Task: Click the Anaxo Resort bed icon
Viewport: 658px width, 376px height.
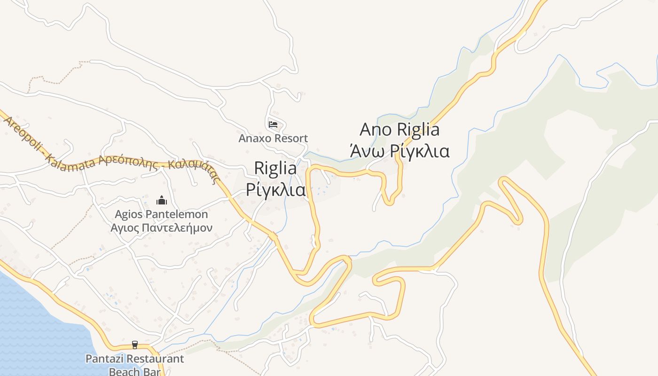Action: [x=273, y=125]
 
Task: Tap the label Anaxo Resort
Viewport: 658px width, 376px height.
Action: [x=273, y=138]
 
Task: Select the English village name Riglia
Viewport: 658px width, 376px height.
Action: [x=275, y=169]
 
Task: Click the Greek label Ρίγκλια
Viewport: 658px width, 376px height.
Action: [x=275, y=190]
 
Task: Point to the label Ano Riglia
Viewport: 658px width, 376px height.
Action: [x=399, y=129]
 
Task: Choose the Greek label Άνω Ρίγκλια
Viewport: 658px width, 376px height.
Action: [x=399, y=151]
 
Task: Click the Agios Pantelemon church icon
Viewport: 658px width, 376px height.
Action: [x=162, y=201]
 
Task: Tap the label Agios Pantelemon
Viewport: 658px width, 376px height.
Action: [x=161, y=215]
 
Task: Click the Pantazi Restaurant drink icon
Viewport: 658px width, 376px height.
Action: [x=135, y=345]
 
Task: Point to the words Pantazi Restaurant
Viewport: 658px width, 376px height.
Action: [x=135, y=359]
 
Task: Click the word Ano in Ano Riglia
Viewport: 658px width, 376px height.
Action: [x=376, y=129]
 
